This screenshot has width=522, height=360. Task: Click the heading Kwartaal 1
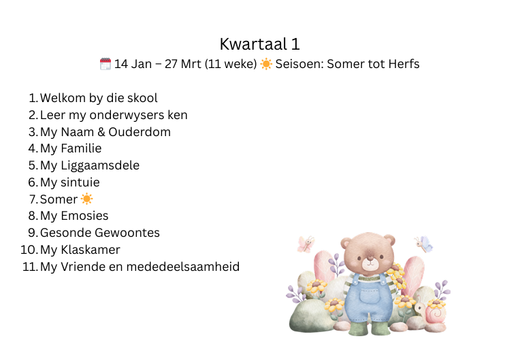click(x=260, y=44)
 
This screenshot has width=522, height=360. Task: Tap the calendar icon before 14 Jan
click(x=105, y=64)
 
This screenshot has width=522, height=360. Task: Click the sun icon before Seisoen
click(x=266, y=64)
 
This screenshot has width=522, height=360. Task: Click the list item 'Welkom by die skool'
click(x=99, y=98)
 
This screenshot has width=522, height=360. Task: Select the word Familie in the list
click(x=81, y=148)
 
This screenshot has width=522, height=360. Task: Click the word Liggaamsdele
click(x=100, y=165)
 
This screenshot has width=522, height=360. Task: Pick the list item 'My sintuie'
click(x=70, y=182)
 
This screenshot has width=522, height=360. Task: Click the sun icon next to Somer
click(x=86, y=199)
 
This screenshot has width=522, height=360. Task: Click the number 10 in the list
click(x=29, y=250)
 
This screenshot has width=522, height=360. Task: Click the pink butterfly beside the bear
click(x=306, y=244)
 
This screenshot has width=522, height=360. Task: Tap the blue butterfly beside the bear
click(x=424, y=244)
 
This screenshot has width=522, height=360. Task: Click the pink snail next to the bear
click(x=434, y=312)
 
